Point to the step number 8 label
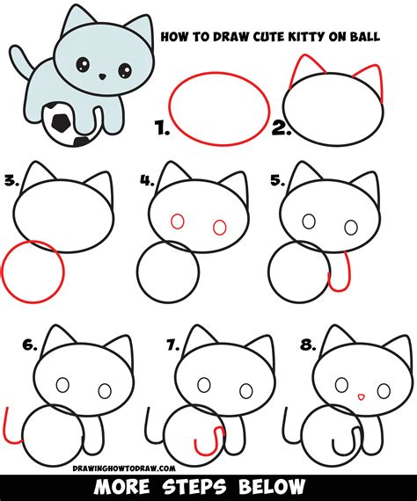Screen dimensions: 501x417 click(306, 345)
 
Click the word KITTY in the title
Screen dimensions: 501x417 click(282, 38)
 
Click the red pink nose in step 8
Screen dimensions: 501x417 click(360, 397)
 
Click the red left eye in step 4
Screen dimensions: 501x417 click(176, 223)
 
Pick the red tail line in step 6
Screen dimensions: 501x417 click(11, 426)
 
